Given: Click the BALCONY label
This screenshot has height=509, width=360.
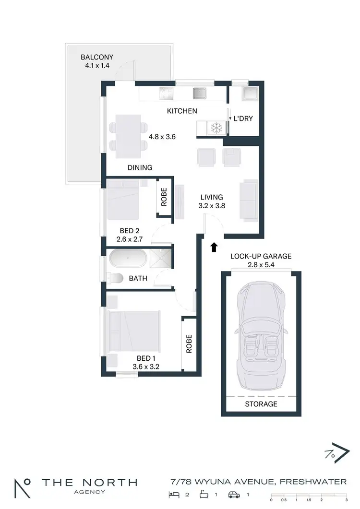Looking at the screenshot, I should point(97,57).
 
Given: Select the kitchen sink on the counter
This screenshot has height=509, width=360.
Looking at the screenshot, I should point(199,93).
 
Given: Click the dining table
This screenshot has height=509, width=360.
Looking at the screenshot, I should point(128,136).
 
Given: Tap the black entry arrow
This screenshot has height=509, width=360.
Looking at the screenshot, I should point(214,247).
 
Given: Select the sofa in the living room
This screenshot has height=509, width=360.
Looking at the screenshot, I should point(249,201).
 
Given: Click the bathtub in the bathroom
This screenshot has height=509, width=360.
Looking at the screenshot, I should point(128,260).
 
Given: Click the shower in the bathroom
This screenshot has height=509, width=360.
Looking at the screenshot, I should point(160,260).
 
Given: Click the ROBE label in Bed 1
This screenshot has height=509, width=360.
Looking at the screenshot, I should point(189,343).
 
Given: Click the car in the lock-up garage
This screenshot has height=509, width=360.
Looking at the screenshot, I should point(261,335).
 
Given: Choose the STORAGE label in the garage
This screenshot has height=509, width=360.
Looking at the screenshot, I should point(261,404).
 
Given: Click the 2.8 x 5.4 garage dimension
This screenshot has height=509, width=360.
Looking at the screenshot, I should point(261,265).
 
